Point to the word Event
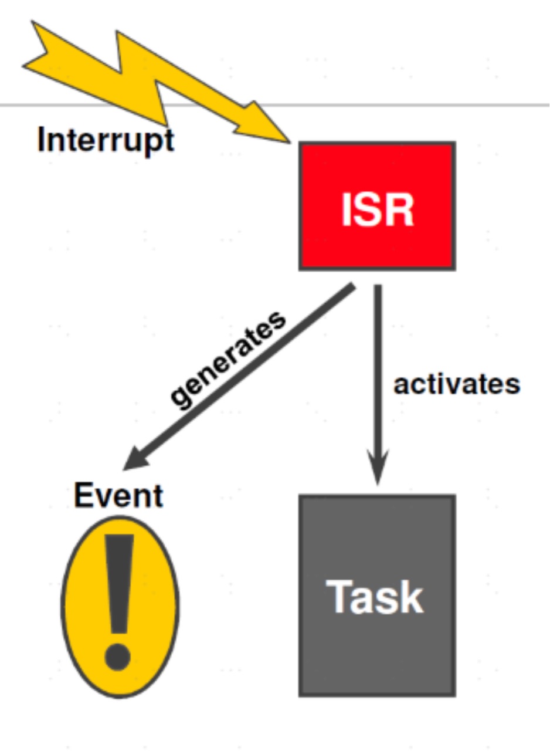tap(118, 496)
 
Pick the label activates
tap(457, 385)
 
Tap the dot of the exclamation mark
tap(118, 657)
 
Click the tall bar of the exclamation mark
tap(120, 581)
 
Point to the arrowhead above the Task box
tap(378, 469)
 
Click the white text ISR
tap(377, 209)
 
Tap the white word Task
tap(375, 597)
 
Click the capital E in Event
tap(84, 496)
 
